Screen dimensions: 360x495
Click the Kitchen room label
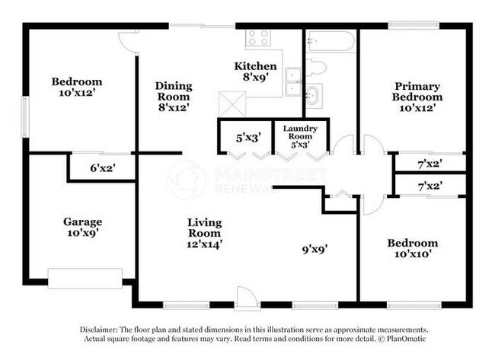tap(254, 66)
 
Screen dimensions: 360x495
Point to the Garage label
tap(82, 222)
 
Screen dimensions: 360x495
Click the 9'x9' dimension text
tap(316, 247)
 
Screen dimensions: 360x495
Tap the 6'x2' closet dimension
tap(101, 168)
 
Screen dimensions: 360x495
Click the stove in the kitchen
tap(257, 37)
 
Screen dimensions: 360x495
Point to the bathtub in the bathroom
tap(330, 41)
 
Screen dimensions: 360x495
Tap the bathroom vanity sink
tap(312, 94)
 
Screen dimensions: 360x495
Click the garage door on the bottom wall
tap(85, 278)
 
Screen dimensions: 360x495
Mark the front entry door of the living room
tap(246, 298)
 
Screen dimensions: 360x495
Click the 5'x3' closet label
tap(248, 138)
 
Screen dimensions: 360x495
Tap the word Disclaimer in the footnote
tap(99, 330)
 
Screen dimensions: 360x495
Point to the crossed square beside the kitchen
tap(230, 102)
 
